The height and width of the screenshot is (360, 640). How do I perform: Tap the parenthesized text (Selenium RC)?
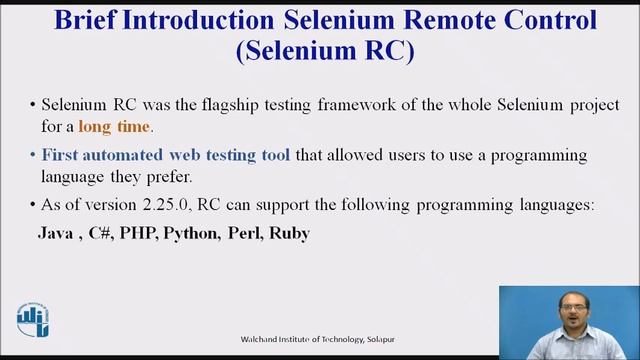(x=323, y=52)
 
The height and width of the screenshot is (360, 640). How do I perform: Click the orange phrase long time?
(x=117, y=126)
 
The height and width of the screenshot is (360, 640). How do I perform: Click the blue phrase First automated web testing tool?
(x=166, y=156)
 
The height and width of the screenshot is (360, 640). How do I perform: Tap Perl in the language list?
(x=247, y=234)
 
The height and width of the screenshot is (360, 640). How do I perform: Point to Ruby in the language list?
(x=291, y=234)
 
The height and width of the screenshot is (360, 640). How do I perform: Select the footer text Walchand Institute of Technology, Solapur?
(x=317, y=338)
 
